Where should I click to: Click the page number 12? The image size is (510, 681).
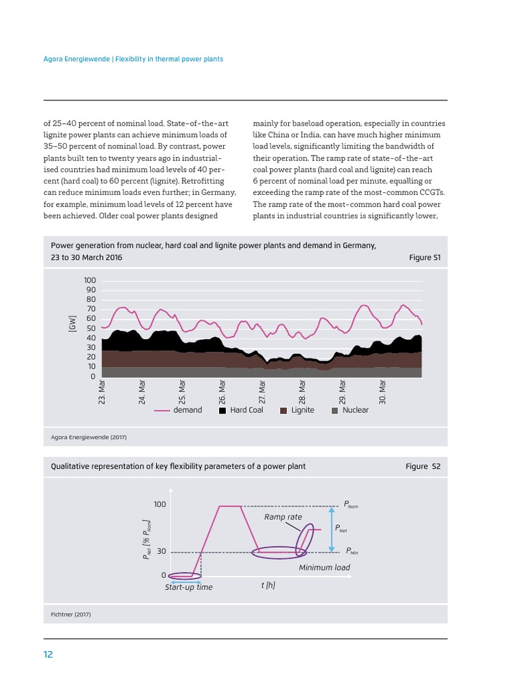point(48,654)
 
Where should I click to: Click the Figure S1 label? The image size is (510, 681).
point(424,257)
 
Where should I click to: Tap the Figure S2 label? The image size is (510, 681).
point(423,466)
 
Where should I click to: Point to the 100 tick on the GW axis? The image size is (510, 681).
point(90,281)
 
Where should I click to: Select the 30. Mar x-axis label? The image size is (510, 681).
point(382,392)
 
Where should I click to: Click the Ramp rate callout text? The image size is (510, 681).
point(283,517)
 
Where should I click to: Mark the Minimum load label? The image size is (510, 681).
point(324,567)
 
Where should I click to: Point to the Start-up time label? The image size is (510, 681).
point(189,587)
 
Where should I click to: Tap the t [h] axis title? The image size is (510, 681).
point(268,585)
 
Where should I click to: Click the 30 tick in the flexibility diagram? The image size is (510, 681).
point(161,551)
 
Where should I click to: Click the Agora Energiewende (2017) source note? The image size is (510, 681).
point(88,437)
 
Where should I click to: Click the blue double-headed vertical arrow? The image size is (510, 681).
point(331,529)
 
